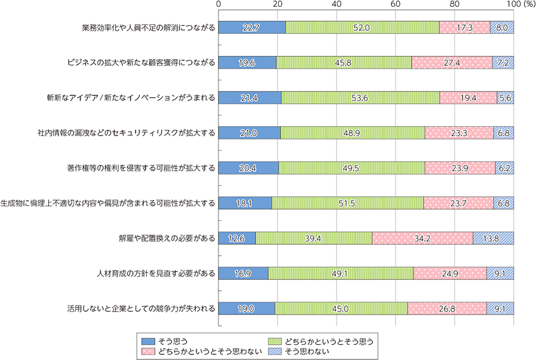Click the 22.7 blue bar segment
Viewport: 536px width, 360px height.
click(x=252, y=28)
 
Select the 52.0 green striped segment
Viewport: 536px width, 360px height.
click(x=362, y=28)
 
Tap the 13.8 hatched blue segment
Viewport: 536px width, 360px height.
click(x=493, y=238)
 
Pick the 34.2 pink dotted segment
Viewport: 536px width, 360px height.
click(x=422, y=238)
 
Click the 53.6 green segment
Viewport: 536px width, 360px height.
click(x=360, y=98)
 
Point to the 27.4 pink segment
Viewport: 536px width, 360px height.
click(x=452, y=63)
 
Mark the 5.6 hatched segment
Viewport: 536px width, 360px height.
click(x=505, y=98)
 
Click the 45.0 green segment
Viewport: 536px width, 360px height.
click(x=341, y=308)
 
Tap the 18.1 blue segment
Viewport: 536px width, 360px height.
click(x=245, y=203)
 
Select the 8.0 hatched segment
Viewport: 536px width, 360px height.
click(x=501, y=28)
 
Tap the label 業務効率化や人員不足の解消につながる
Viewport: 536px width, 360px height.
click(x=148, y=28)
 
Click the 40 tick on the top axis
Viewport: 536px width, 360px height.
click(x=336, y=4)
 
